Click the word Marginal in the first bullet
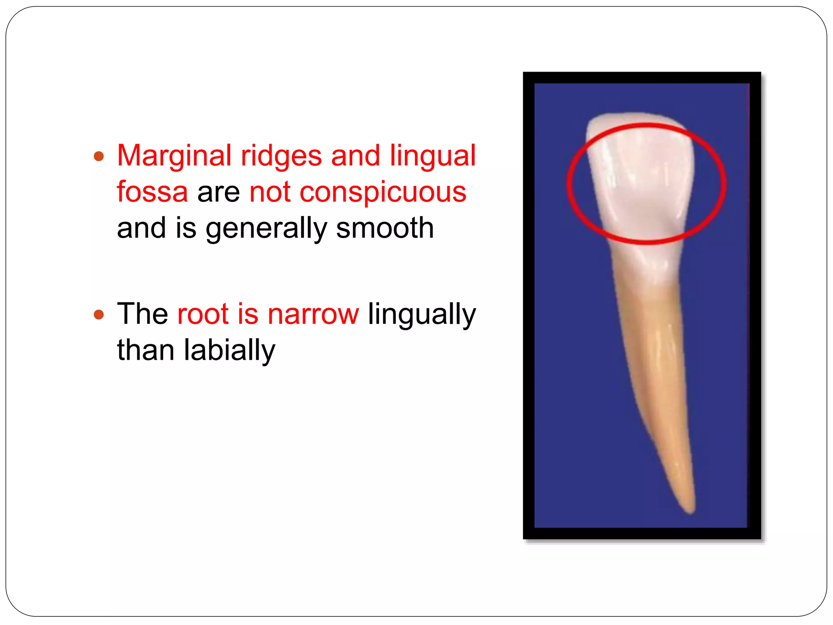174,156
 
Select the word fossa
153,192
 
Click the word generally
266,229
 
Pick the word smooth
385,228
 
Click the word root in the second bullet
203,314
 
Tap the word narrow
313,314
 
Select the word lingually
422,315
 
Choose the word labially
229,350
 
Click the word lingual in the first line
433,156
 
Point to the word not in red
270,192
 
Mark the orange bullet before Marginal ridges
99,156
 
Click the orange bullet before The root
99,315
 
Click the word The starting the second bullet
142,314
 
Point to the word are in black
218,192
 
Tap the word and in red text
355,156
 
